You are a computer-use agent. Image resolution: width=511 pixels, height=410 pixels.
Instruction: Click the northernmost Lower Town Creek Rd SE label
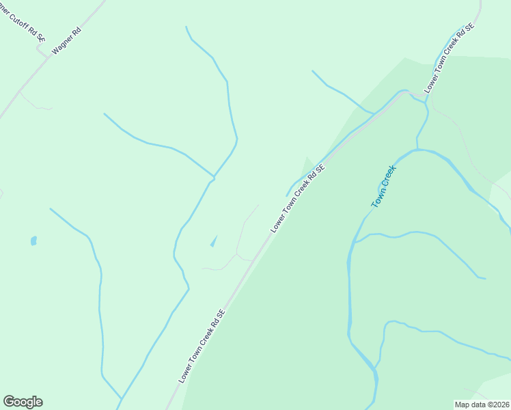click(x=450, y=58)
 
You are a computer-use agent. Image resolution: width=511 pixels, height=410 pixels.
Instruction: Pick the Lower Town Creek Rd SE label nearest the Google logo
click(x=202, y=346)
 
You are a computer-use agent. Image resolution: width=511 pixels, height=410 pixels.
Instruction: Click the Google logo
click(x=23, y=402)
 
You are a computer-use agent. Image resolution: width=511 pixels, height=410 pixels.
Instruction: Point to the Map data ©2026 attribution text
click(x=482, y=404)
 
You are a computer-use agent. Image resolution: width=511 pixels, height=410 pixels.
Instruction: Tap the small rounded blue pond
click(x=33, y=241)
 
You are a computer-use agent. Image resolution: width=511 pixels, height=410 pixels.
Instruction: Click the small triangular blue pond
click(x=214, y=241)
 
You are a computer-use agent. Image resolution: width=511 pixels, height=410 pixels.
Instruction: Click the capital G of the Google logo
click(x=9, y=402)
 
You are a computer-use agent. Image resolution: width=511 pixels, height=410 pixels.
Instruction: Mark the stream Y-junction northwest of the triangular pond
click(x=214, y=178)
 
